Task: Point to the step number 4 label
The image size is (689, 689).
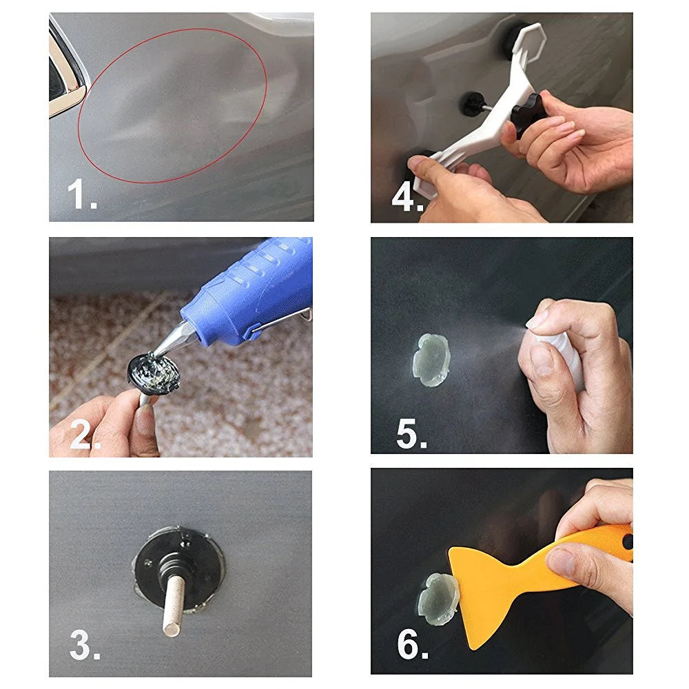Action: [x=407, y=197]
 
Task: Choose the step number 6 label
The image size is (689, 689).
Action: [x=412, y=646]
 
